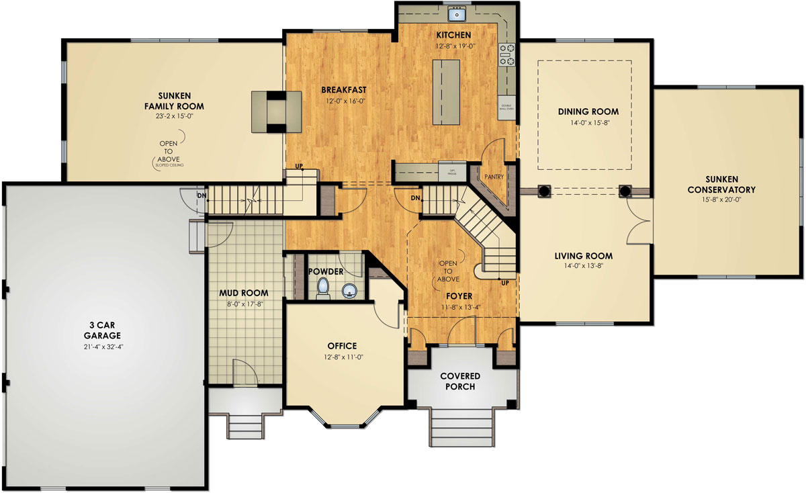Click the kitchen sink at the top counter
[458, 13]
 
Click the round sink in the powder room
[348, 291]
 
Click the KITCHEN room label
[453, 35]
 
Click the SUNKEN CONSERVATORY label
[721, 185]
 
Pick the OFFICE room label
[342, 346]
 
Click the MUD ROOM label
[244, 293]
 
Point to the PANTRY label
[494, 178]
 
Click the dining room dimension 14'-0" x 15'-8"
[588, 123]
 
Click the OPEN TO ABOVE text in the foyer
[449, 271]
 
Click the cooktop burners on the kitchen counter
[506, 55]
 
